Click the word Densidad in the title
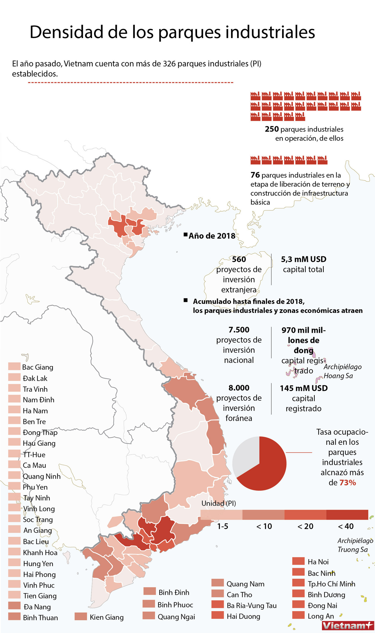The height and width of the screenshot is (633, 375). tap(66, 32)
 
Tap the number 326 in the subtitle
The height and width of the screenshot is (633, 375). tap(169, 64)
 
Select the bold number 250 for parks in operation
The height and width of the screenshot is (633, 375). tap(272, 129)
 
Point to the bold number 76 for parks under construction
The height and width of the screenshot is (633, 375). tap(255, 175)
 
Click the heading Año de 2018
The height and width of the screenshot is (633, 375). tap(212, 236)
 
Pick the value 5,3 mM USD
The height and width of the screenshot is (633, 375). tap(303, 259)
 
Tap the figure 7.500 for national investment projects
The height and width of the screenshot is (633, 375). tap(239, 330)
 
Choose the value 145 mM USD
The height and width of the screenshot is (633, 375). tap(303, 388)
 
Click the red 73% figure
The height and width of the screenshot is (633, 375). tap(348, 483)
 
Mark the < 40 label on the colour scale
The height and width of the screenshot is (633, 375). tap(346, 526)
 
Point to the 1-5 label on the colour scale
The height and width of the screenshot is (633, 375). tap(222, 526)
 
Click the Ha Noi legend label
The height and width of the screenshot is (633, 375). tap(318, 562)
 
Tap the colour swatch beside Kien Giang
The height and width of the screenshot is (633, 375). tap(81, 617)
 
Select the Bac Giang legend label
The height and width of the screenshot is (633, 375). tap(38, 367)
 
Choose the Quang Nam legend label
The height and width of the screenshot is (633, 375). tap(245, 584)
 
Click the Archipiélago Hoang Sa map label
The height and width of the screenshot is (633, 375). tap(342, 371)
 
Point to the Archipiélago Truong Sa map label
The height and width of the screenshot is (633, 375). tap(355, 545)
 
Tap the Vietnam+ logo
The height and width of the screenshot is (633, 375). tap(348, 625)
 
